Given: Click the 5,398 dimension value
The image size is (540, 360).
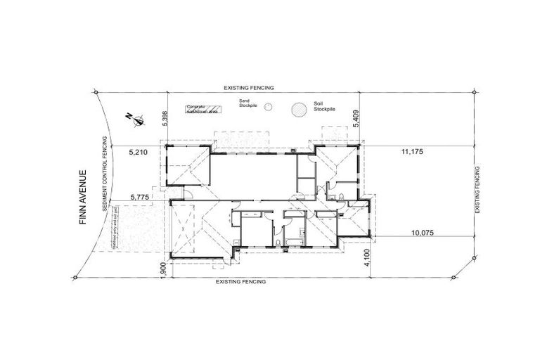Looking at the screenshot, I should click(x=165, y=119).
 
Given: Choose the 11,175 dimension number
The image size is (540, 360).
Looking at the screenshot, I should click(x=413, y=151).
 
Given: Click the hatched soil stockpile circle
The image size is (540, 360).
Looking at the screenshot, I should click(x=299, y=109).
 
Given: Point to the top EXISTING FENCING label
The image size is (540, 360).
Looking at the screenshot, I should click(x=248, y=87).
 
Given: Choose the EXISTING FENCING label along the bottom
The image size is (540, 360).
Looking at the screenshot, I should click(x=241, y=281).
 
